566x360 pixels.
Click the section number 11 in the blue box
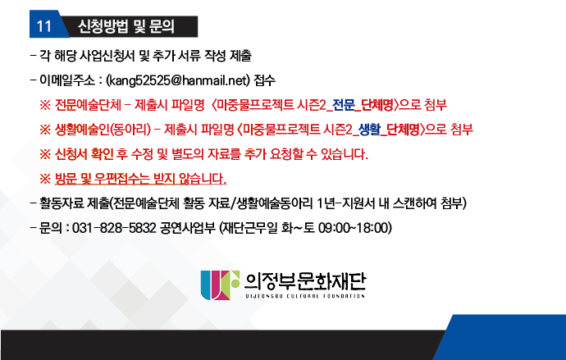pyautogui.click(x=44, y=26)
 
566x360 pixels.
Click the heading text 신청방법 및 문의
pyautogui.click(x=126, y=26)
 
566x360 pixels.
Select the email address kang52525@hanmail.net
pyautogui.click(x=178, y=80)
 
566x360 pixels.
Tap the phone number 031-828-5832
pyautogui.click(x=114, y=228)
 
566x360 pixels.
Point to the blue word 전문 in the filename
pyautogui.click(x=343, y=105)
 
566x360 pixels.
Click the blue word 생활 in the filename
pyautogui.click(x=369, y=129)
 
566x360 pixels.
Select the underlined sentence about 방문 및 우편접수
pyautogui.click(x=140, y=178)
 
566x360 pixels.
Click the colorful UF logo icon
pyautogui.click(x=220, y=285)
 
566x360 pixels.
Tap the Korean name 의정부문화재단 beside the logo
pyautogui.click(x=305, y=282)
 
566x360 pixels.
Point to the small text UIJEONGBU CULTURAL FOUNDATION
pyautogui.click(x=305, y=296)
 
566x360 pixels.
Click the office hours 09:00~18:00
pyautogui.click(x=354, y=228)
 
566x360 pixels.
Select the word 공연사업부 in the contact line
pyautogui.click(x=187, y=228)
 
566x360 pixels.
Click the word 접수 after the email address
pyautogui.click(x=264, y=80)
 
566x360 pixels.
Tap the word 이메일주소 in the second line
pyautogui.click(x=67, y=80)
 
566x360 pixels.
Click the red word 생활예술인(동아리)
pyautogui.click(x=103, y=129)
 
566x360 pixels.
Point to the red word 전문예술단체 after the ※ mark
pyautogui.click(x=88, y=105)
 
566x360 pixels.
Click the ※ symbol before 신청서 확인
pyautogui.click(x=45, y=154)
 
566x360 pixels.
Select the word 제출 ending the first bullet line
pyautogui.click(x=240, y=56)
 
